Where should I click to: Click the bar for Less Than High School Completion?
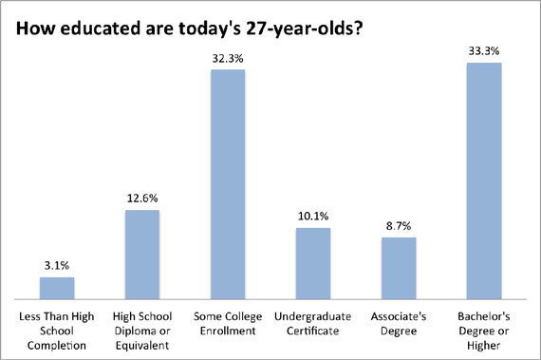tap(57, 288)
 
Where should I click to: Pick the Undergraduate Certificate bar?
tap(313, 263)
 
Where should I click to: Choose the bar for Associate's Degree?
tap(399, 268)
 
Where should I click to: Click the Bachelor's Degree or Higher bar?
tap(484, 180)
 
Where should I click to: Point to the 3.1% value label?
tap(57, 267)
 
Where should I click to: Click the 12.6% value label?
tap(142, 199)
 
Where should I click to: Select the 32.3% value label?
tap(228, 59)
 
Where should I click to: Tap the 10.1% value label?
tap(313, 218)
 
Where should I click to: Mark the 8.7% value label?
tap(399, 227)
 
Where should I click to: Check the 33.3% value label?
tap(484, 52)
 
